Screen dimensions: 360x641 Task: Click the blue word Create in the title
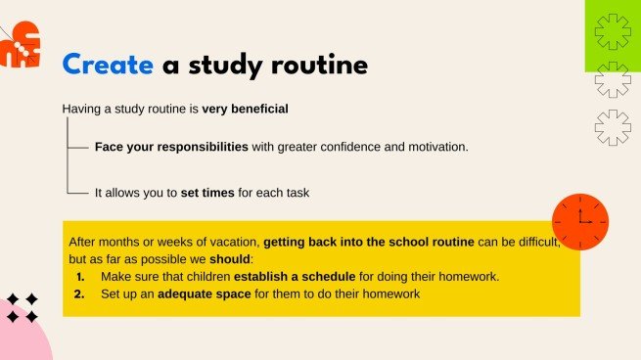(108, 66)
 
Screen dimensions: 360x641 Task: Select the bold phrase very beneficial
(245, 109)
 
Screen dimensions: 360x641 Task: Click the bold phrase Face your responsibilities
(171, 147)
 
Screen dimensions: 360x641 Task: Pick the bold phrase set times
(207, 193)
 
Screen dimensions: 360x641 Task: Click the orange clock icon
(579, 221)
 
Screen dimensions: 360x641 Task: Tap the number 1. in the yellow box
(81, 276)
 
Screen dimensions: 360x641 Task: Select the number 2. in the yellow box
(81, 293)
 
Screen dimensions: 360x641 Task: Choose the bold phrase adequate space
(204, 293)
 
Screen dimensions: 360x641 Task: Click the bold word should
(230, 259)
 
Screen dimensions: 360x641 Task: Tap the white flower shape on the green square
(613, 32)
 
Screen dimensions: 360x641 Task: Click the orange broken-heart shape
(22, 44)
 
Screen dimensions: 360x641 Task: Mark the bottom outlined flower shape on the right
(612, 127)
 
